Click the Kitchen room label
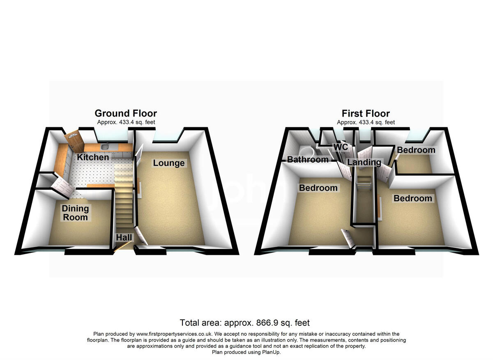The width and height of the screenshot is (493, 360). [x=93, y=157]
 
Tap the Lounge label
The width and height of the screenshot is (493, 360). [x=168, y=163]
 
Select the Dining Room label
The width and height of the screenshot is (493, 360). [x=75, y=213]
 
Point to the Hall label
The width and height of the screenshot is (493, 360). [x=124, y=237]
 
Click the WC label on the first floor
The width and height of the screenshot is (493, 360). [x=341, y=147]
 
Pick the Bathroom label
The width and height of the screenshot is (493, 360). [x=308, y=159]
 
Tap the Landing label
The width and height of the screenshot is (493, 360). [x=364, y=162]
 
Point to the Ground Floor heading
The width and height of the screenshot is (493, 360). [x=126, y=113]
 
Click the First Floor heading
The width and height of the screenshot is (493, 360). [x=366, y=113]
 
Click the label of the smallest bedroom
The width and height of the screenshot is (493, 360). [x=416, y=150]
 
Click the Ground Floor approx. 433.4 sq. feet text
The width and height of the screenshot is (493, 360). [x=126, y=122]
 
